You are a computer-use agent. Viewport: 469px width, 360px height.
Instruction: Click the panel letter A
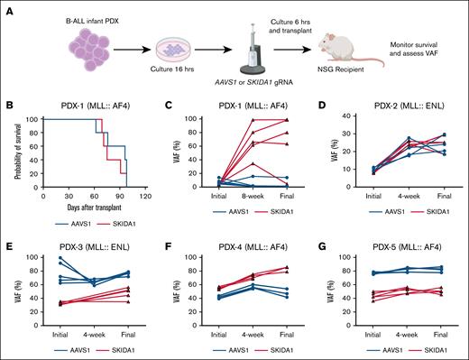(6, 7)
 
